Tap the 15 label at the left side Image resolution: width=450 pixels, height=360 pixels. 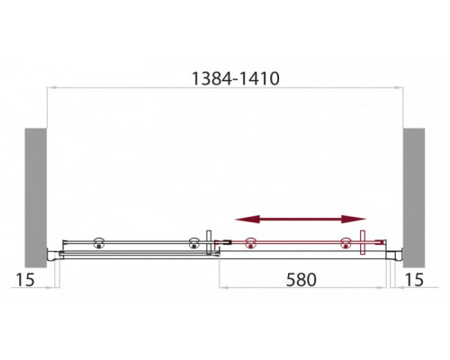point(24,280)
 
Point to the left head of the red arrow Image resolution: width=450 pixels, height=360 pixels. point(242,218)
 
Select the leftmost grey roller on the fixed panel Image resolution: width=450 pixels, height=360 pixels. point(96,241)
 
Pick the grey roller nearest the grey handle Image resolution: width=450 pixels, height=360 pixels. point(192,241)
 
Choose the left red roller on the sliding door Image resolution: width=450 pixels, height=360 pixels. point(251,241)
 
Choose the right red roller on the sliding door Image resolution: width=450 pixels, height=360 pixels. point(344,241)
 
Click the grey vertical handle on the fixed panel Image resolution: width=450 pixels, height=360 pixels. point(210,243)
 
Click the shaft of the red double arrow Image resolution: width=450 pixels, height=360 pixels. point(301,218)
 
